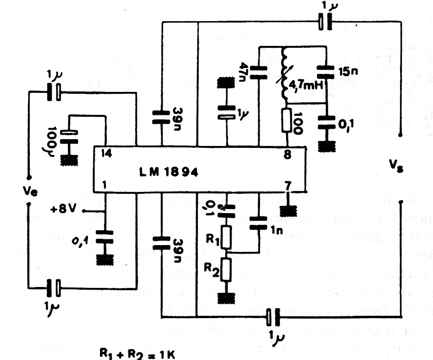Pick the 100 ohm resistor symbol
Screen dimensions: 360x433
tap(286, 120)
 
